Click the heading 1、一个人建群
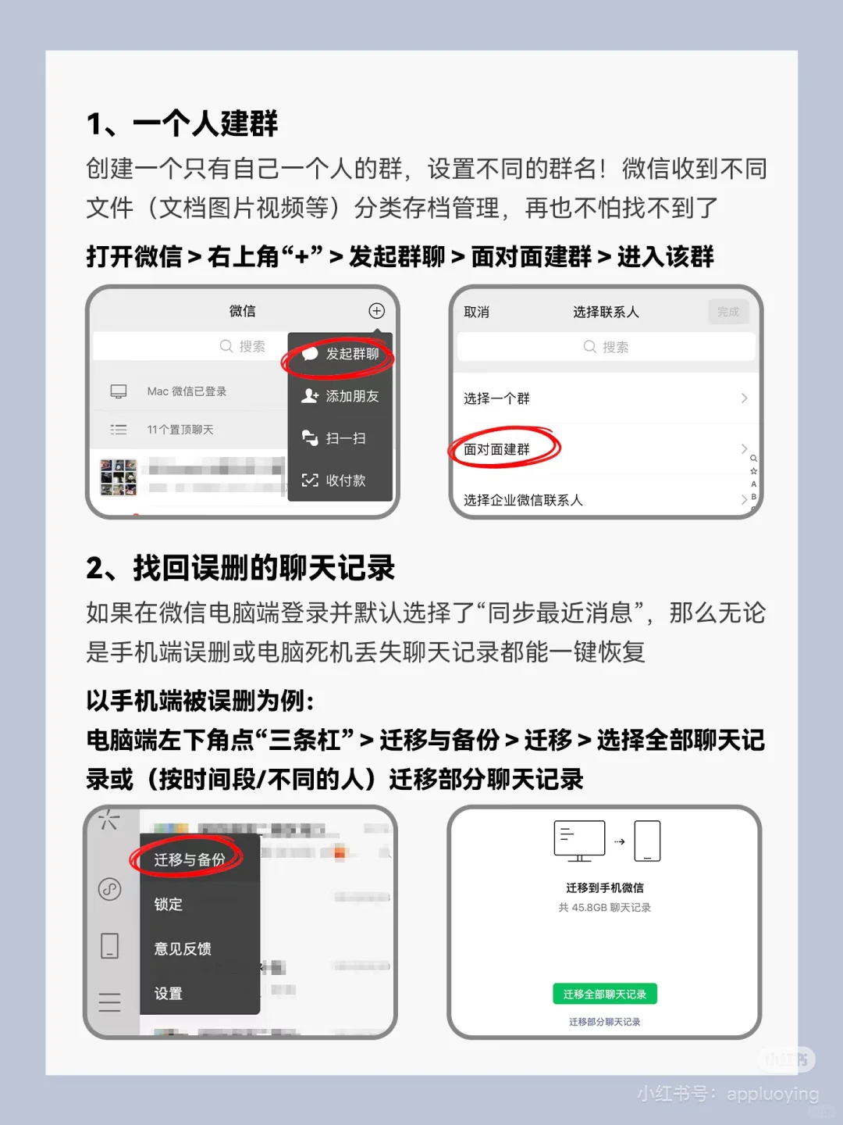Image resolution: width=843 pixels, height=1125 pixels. pyautogui.click(x=182, y=123)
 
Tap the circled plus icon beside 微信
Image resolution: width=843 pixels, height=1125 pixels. pyautogui.click(x=376, y=311)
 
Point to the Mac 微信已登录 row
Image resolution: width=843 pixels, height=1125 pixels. pyautogui.click(x=187, y=391)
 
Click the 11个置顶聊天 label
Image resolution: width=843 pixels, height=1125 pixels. pyautogui.click(x=180, y=430)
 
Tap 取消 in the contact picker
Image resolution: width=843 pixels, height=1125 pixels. pyautogui.click(x=476, y=312)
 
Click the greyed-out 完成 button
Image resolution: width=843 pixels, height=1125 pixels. pyautogui.click(x=727, y=312)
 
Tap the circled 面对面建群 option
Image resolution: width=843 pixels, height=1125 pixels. pyautogui.click(x=497, y=449)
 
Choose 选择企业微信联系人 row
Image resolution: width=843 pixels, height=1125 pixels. pyautogui.click(x=523, y=500)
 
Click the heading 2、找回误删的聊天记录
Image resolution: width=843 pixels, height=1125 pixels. pyautogui.click(x=240, y=568)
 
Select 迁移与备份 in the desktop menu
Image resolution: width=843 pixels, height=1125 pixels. pyautogui.click(x=189, y=859)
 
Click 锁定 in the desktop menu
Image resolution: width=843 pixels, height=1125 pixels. pyautogui.click(x=168, y=904)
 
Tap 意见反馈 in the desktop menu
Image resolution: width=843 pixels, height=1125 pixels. pyautogui.click(x=183, y=948)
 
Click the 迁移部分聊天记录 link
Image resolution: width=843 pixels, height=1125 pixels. pyautogui.click(x=604, y=1022)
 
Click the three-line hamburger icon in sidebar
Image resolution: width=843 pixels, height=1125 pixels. pyautogui.click(x=109, y=1002)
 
